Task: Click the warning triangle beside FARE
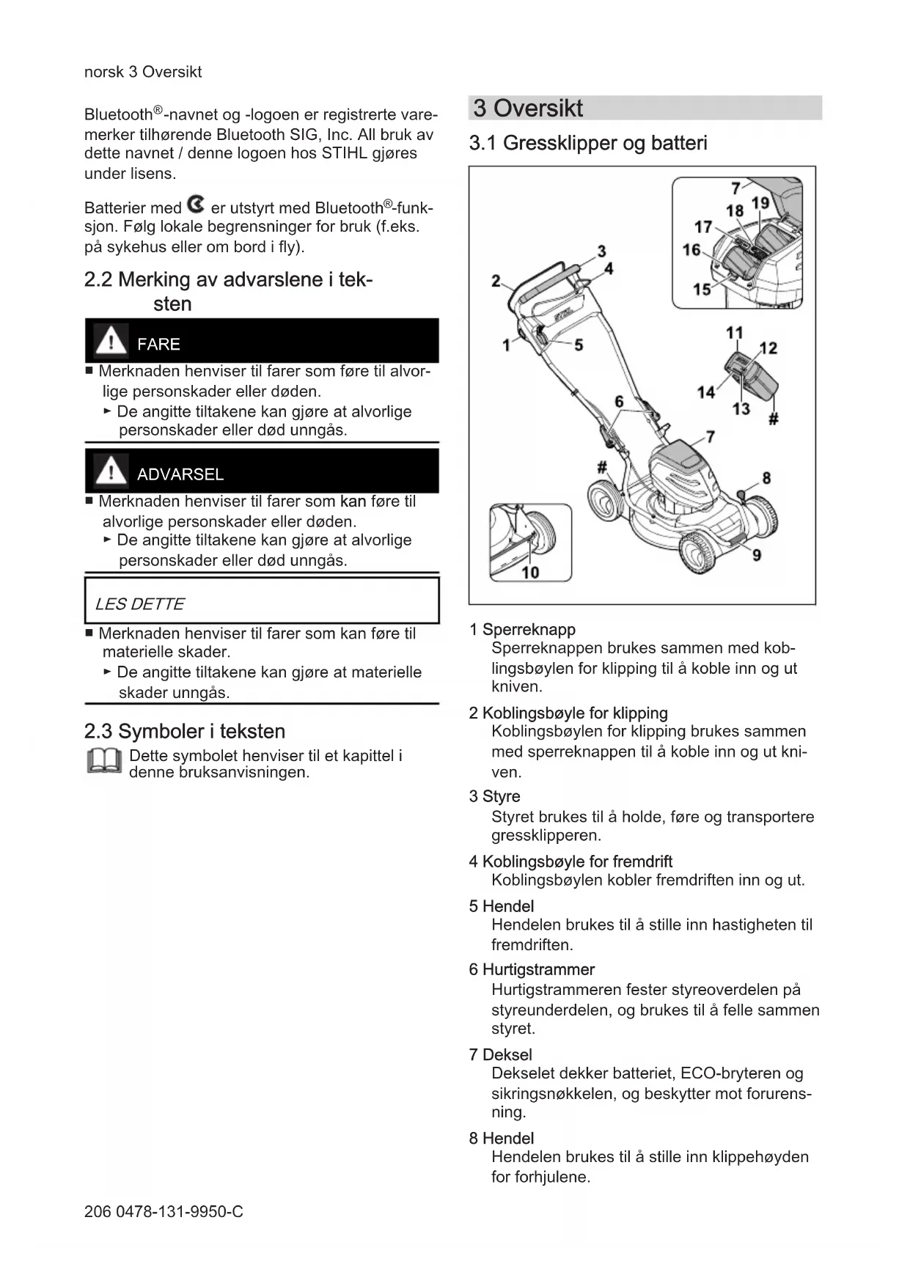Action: tap(111, 341)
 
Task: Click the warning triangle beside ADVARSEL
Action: tap(111, 471)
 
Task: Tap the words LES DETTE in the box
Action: tap(139, 604)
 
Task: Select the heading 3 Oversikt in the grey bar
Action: tap(528, 109)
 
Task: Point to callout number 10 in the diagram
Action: tap(530, 572)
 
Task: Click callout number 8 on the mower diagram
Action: tap(766, 478)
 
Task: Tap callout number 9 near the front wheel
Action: tap(756, 554)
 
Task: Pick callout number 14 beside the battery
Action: tap(705, 392)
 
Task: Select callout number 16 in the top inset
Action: tap(691, 250)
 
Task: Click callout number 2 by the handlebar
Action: tap(496, 281)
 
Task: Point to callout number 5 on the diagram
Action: tap(579, 345)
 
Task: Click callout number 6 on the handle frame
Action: tap(619, 401)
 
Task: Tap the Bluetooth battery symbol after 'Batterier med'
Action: tap(196, 205)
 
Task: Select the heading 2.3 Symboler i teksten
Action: tap(185, 731)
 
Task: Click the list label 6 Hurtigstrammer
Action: tap(532, 969)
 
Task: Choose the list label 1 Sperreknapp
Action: tap(522, 629)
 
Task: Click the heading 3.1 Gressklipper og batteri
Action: tap(588, 143)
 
